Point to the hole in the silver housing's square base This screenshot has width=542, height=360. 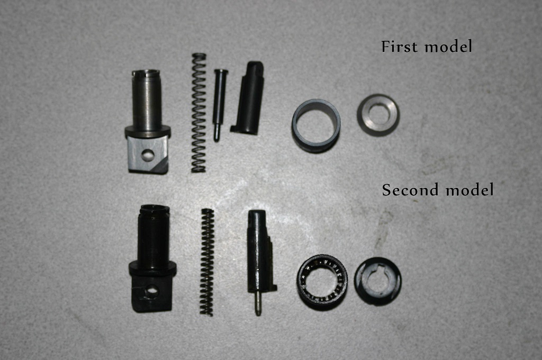point(148,155)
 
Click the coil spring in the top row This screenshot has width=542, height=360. point(199,113)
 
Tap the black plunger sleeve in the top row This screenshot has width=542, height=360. point(248,98)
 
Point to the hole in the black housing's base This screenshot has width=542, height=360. point(151,292)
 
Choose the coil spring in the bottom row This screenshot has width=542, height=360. point(207,262)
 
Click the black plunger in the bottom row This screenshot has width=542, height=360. point(260,256)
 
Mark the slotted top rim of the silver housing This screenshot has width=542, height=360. point(146,73)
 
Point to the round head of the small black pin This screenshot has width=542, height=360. point(221,72)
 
